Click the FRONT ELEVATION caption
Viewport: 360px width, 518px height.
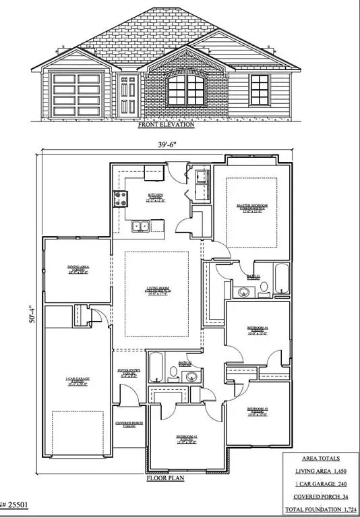coord(166,125)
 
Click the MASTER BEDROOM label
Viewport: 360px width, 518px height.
coord(251,206)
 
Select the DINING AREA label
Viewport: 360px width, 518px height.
coord(78,268)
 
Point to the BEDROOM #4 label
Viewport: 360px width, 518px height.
coord(258,329)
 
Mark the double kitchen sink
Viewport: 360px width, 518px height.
coord(142,227)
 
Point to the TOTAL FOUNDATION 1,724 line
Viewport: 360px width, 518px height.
coord(320,509)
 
